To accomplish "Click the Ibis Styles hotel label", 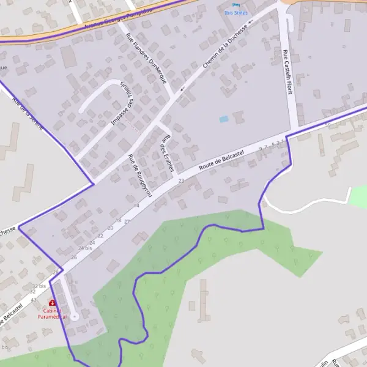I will click(236, 12).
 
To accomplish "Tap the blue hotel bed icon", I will click(236, 5).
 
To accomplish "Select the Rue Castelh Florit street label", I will click(287, 72).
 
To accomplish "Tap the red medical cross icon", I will click(51, 303).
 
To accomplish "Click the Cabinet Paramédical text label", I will click(51, 314).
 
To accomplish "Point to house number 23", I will click(181, 181).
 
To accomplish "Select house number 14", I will click(136, 206).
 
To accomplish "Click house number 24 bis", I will click(85, 248).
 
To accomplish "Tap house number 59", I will click(327, 125).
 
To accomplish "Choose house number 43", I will click(34, 300).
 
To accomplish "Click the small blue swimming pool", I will click(223, 119).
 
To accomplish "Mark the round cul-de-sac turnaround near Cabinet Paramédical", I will click(74, 316).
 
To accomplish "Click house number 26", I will click(74, 258).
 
